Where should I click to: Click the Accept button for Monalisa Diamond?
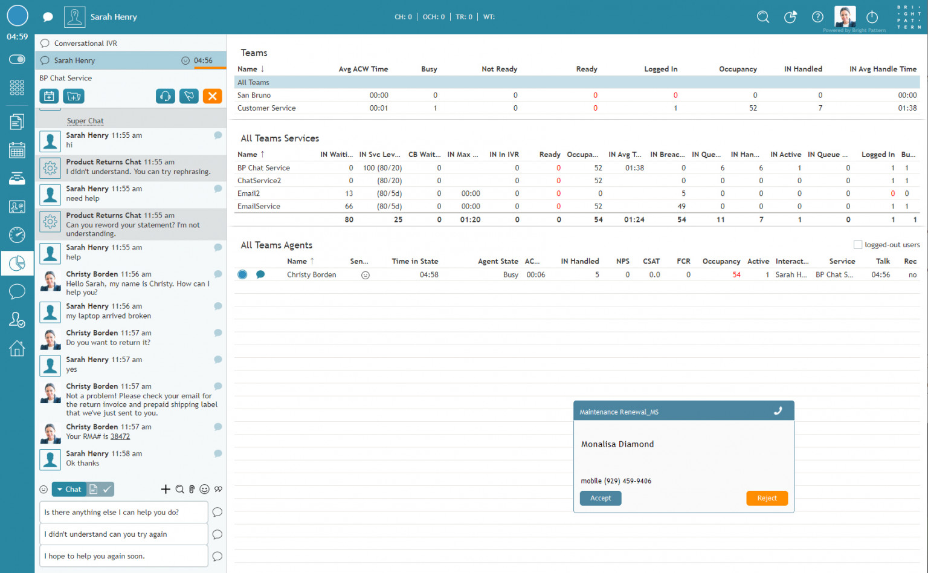[601, 498]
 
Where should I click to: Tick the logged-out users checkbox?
[857, 245]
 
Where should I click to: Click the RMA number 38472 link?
[120, 436]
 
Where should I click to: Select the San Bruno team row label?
[254, 95]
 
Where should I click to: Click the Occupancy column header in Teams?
[737, 69]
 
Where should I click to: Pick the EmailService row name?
[259, 206]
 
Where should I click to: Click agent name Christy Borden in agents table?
[311, 274]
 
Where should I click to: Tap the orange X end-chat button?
[212, 96]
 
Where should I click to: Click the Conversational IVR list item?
[86, 44]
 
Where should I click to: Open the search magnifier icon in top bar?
[763, 17]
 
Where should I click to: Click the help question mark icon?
[817, 17]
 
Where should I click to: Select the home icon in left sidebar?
[17, 349]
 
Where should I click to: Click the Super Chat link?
[85, 121]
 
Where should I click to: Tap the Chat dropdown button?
[68, 490]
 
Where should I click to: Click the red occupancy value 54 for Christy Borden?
[736, 274]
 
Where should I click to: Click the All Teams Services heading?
[280, 138]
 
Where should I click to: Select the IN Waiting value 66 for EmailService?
[349, 206]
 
